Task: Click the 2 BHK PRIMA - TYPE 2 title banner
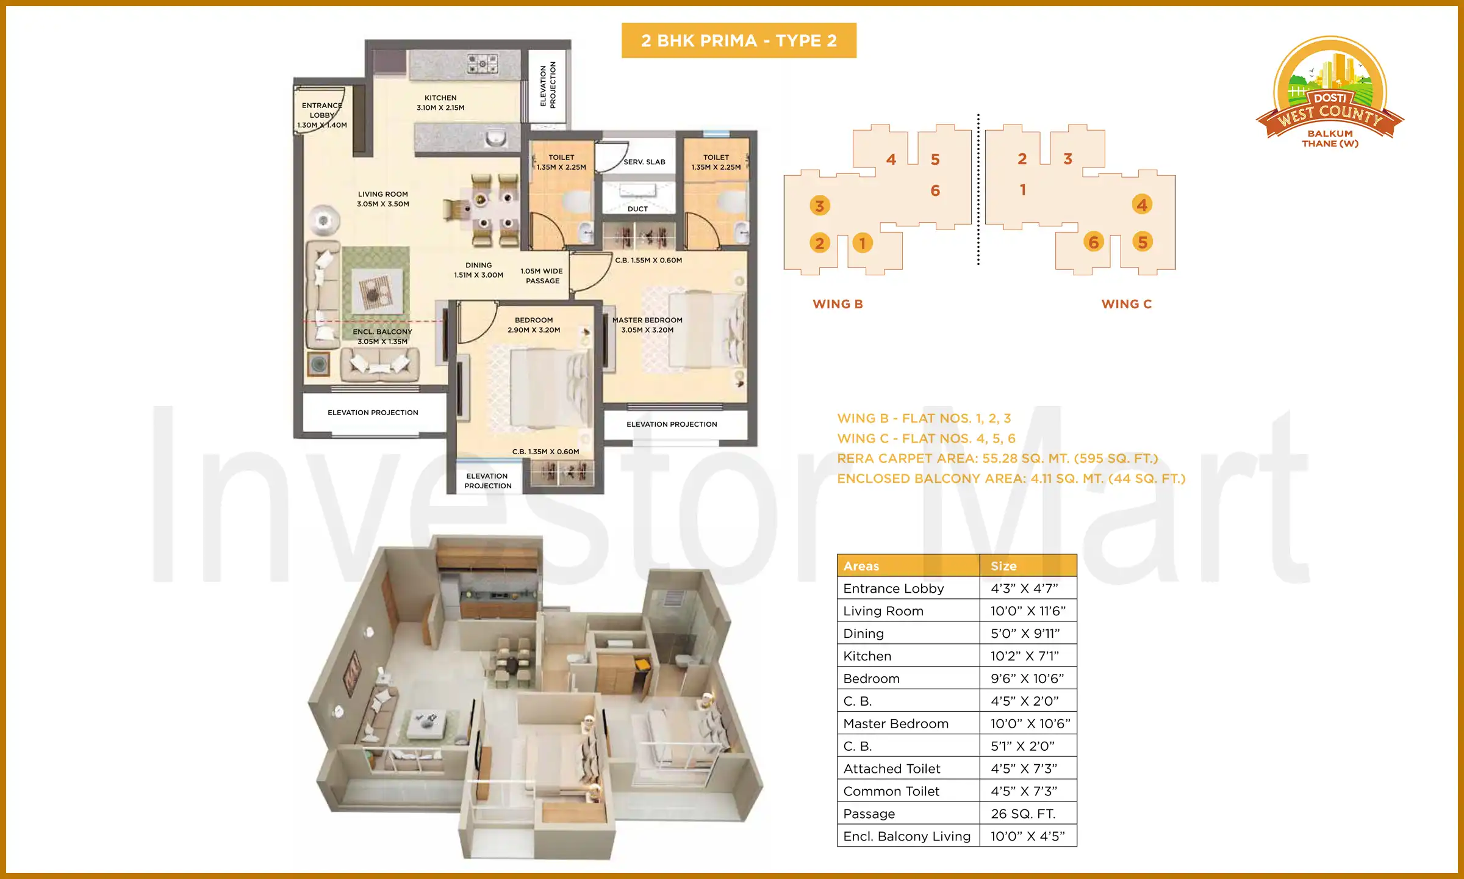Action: pos(739,40)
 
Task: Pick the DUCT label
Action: pos(637,209)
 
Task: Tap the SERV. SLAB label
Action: pos(644,162)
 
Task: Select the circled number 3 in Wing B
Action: pos(819,206)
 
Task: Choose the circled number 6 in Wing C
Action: pos(1094,242)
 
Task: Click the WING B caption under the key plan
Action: pos(838,304)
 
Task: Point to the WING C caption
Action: pos(1126,304)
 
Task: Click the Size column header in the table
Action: pos(1003,566)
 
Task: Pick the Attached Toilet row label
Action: pos(892,769)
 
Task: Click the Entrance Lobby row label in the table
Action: pos(894,588)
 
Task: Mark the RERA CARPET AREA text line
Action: pos(997,458)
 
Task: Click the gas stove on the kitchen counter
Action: pos(483,63)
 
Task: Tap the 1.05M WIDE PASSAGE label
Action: pos(542,276)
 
